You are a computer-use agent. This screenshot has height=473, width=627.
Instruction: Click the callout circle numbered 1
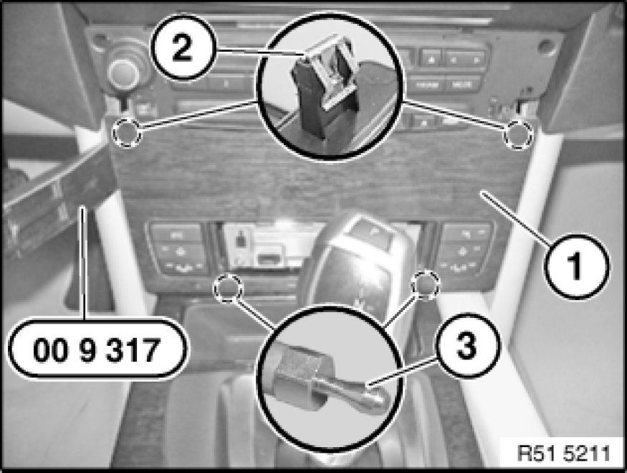pyautogui.click(x=577, y=266)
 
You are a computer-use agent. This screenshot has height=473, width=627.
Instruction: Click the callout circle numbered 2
pyautogui.click(x=183, y=47)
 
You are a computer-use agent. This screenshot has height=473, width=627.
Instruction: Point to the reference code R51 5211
pyautogui.click(x=564, y=454)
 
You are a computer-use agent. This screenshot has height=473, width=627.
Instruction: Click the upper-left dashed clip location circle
pyautogui.click(x=126, y=132)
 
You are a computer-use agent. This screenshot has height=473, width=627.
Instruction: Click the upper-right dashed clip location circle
pyautogui.click(x=518, y=134)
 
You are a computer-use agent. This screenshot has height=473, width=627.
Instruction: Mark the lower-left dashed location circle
pyautogui.click(x=228, y=288)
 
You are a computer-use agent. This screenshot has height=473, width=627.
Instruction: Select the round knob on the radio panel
pyautogui.click(x=123, y=72)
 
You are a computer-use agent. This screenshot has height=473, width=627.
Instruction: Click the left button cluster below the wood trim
pyautogui.click(x=178, y=248)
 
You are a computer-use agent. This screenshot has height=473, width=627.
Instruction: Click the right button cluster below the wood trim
pyautogui.click(x=466, y=248)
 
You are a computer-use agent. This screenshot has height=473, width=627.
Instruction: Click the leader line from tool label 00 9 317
pyautogui.click(x=83, y=262)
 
